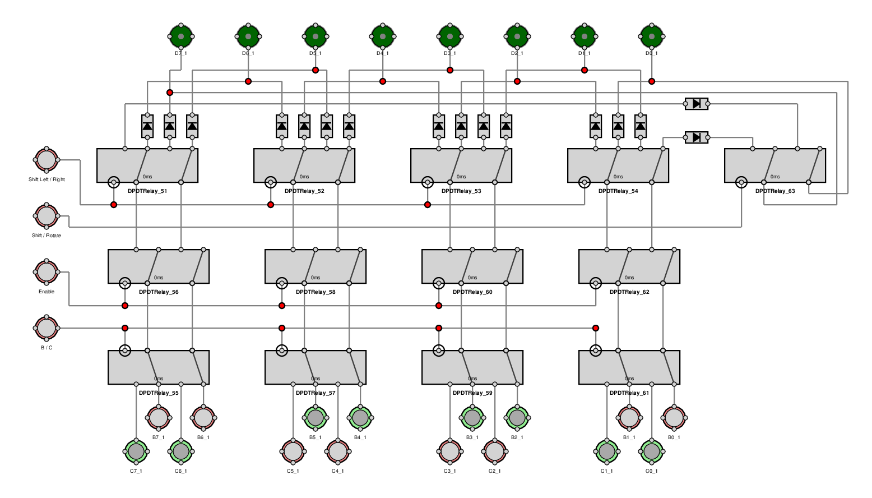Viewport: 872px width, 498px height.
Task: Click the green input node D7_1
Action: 181,36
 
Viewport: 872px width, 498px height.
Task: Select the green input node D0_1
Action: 652,36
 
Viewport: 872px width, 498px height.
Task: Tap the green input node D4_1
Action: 383,36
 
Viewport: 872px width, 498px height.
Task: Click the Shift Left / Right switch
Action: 47,160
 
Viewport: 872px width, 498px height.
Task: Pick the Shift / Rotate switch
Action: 47,216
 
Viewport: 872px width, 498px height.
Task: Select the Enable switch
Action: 47,272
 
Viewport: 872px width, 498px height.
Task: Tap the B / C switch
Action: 47,328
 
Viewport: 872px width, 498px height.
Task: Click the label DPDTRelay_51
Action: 147,191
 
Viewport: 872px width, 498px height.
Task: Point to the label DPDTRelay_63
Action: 775,191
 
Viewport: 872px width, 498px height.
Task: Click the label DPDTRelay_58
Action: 316,292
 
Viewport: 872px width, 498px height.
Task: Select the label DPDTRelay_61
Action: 629,393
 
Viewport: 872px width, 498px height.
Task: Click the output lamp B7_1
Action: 159,418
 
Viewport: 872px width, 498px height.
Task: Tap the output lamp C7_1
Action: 136,451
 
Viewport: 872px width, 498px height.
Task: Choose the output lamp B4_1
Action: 360,418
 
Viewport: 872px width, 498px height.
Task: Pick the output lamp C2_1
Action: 495,451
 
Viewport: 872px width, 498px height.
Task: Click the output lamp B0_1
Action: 674,418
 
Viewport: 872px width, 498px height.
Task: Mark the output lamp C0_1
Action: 652,451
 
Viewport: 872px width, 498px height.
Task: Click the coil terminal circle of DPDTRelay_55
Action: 125,351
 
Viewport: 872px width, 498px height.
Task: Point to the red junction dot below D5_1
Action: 316,70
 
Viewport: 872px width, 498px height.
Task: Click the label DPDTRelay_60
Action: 472,292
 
